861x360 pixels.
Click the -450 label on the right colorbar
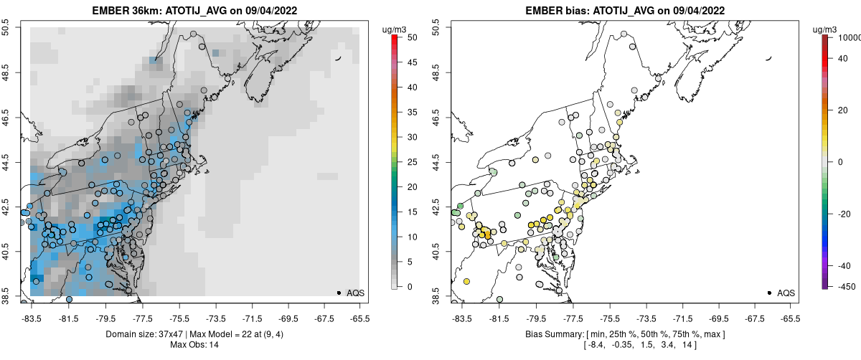(844, 287)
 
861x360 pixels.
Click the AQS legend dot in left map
(339, 293)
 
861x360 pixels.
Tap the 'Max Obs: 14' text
(194, 345)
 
